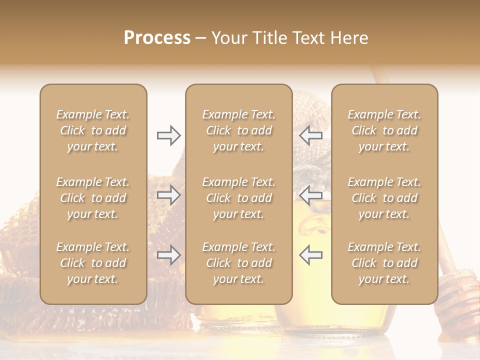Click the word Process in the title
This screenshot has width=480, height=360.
(157, 38)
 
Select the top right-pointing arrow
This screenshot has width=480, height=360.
(169, 135)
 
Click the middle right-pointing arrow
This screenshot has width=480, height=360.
(169, 195)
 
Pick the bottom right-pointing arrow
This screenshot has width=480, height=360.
(169, 255)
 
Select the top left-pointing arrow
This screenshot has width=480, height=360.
(310, 135)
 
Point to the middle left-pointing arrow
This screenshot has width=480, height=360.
(310, 195)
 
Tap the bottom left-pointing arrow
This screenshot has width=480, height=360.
(310, 255)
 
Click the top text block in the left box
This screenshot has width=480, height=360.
(93, 130)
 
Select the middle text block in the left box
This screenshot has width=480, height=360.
(93, 198)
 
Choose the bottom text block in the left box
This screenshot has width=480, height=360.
(93, 263)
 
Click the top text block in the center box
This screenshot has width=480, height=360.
(238, 130)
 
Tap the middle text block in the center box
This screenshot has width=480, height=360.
(238, 198)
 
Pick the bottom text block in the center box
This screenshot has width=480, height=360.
(238, 263)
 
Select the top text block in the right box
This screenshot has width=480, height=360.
(384, 130)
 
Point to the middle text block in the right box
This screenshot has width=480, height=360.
(384, 198)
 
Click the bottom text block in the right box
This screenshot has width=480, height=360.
(384, 263)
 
